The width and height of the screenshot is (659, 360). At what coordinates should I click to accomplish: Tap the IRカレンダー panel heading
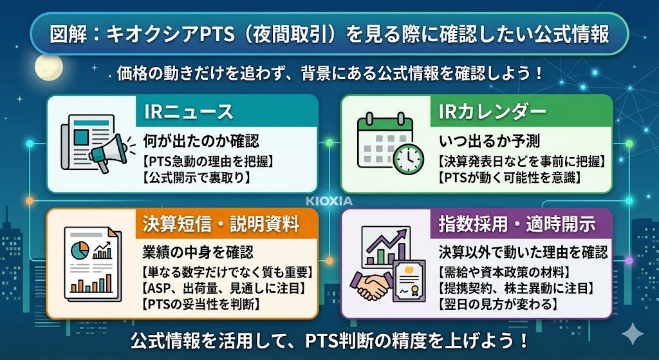[492, 111]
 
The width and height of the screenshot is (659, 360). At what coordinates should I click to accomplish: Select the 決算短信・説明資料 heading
[220, 225]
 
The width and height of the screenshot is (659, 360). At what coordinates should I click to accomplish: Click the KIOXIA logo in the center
[329, 201]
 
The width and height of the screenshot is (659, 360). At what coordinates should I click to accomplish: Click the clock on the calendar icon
[409, 156]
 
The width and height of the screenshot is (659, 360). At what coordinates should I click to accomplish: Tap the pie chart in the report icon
[81, 249]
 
